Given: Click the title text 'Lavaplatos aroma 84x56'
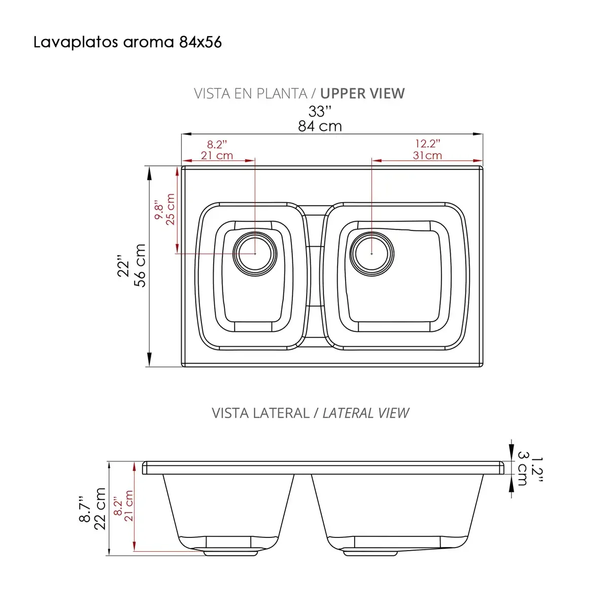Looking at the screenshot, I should (127, 42).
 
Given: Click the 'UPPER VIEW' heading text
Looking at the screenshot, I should (362, 94).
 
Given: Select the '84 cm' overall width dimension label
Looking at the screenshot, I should (320, 126).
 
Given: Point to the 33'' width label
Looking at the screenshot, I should (320, 111).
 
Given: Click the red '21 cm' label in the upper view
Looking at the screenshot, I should (217, 156).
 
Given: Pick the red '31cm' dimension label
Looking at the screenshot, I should (427, 156).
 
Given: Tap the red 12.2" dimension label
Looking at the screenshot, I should (427, 144).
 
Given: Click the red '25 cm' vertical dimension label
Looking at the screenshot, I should (171, 209).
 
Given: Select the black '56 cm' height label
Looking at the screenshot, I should (140, 265).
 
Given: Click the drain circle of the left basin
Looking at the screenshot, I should (255, 253).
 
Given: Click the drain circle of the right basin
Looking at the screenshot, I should (372, 253).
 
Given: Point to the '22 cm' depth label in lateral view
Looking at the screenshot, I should (100, 509).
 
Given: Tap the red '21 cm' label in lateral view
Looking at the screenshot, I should (128, 506).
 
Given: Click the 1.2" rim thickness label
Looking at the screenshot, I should (537, 468).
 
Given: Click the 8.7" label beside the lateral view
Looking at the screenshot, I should (85, 509).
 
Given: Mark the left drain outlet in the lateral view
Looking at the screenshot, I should (230, 552).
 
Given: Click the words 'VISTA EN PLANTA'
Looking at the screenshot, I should (250, 94).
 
